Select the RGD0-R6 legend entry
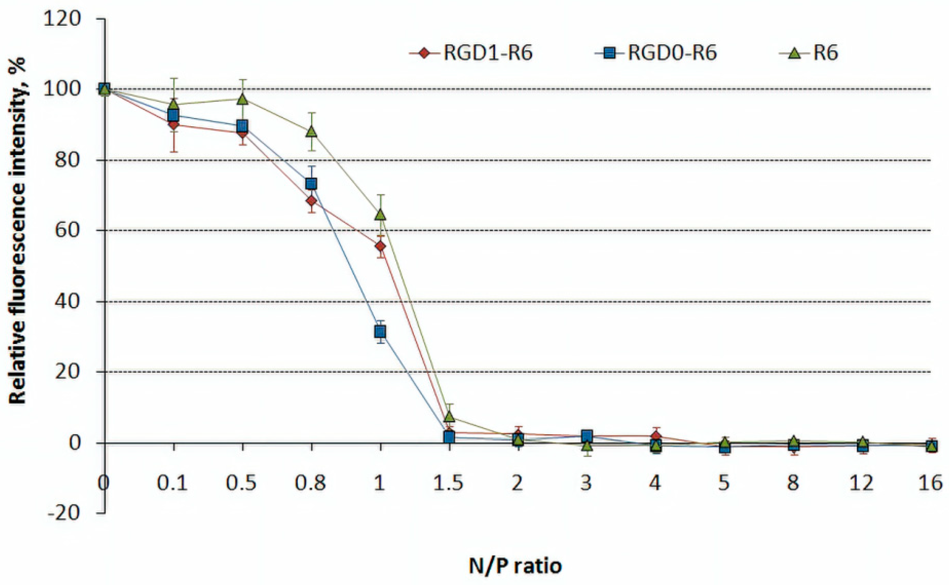(x=655, y=53)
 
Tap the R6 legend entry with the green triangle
(x=809, y=53)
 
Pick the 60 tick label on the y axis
(x=69, y=231)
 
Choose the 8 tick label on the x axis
(x=793, y=483)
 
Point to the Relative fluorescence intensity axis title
(x=17, y=231)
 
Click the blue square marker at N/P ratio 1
(x=380, y=332)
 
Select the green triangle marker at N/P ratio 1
(x=380, y=215)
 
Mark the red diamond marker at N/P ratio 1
(x=380, y=246)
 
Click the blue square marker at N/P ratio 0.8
(x=312, y=183)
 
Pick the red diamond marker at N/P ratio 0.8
(x=312, y=201)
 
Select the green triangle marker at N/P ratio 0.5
(x=243, y=100)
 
